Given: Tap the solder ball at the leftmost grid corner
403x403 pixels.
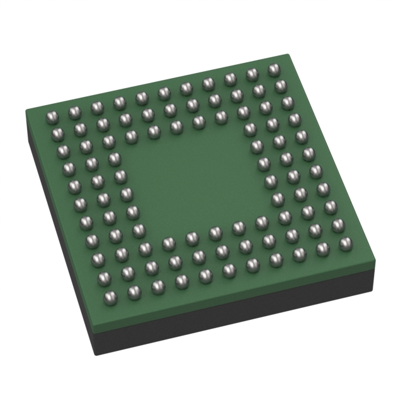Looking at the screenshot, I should (52, 116).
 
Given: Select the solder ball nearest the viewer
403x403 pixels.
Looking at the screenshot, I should (133, 291).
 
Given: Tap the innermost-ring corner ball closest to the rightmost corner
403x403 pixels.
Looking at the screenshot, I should (261, 221).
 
